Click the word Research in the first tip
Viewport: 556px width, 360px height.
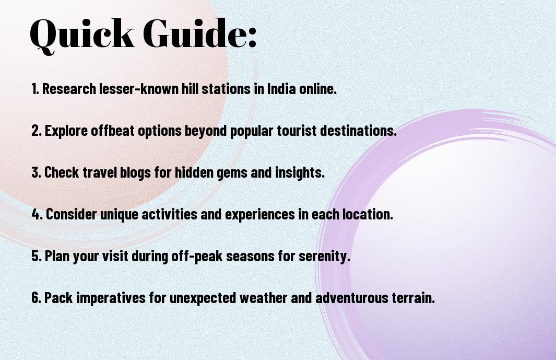coord(69,89)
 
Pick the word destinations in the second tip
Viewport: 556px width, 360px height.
coord(358,130)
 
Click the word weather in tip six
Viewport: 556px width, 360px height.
coord(263,297)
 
